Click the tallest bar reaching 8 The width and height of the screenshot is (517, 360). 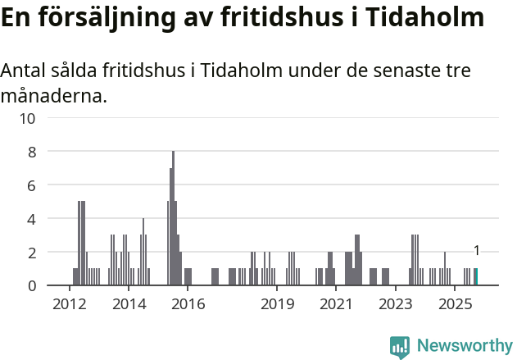tap(173, 218)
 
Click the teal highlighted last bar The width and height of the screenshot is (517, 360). tap(476, 277)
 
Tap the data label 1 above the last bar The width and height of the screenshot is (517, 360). tap(476, 251)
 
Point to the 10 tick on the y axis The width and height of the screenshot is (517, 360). tap(27, 118)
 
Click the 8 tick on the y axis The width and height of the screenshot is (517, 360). tap(31, 152)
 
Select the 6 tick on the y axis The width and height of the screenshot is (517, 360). tap(31, 185)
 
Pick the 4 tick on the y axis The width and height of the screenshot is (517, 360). tap(31, 219)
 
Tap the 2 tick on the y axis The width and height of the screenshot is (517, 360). tap(31, 253)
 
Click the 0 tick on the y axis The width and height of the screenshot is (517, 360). tap(31, 286)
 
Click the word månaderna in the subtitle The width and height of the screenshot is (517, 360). tap(53, 97)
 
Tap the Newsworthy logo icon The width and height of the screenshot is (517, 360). tap(400, 347)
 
